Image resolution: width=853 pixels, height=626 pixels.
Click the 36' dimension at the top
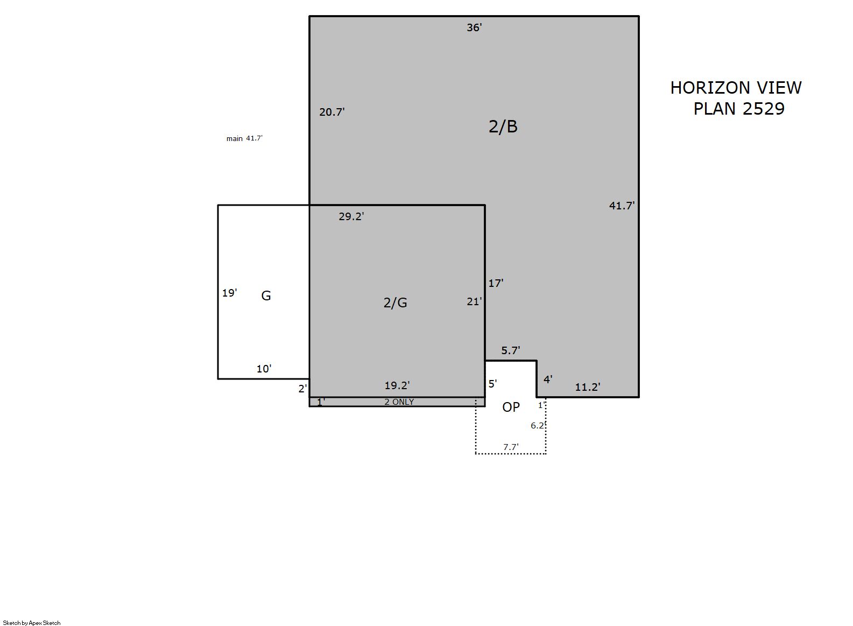coord(474,27)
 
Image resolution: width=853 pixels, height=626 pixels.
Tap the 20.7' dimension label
coord(332,112)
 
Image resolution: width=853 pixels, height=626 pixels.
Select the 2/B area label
coord(503,126)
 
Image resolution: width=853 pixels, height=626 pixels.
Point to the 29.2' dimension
coord(351,216)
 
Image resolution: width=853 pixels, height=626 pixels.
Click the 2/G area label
coord(395,303)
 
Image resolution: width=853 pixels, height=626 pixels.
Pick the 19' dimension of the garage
coord(229,293)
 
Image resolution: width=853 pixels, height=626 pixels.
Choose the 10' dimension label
coord(264,369)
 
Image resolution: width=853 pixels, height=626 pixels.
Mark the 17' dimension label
coord(496,283)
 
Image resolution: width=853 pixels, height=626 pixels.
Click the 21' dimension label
coord(474,301)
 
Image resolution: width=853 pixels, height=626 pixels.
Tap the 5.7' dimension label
coord(510,350)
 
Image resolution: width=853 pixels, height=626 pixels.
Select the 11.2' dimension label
coord(587,387)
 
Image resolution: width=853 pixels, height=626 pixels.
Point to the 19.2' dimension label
coord(397,385)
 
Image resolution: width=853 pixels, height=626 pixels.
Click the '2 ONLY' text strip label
coord(399,402)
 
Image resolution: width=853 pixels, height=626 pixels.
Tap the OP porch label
coord(511,407)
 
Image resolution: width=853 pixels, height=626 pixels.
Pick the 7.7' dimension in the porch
coord(511,447)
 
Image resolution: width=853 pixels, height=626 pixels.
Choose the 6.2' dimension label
coord(538,425)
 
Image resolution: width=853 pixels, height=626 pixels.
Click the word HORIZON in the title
coord(710,88)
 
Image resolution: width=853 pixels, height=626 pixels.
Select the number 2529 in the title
coord(763,109)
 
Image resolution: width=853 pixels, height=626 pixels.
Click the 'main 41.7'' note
coord(244,138)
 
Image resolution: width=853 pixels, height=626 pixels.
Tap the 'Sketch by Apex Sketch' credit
coord(32,623)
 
